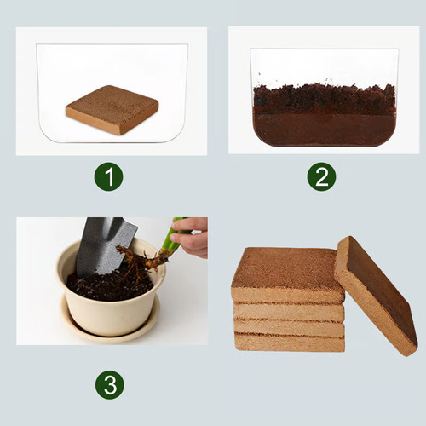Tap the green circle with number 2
321,176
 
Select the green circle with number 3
109,384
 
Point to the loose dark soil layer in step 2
324,100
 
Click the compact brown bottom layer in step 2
324,130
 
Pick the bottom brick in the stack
290,343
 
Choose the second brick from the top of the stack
290,312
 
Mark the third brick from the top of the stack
290,327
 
